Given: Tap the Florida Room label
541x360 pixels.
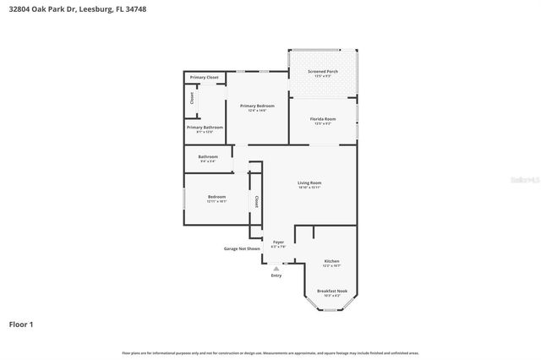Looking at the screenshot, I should (x=325, y=119).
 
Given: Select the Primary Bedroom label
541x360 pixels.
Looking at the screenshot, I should (x=258, y=106).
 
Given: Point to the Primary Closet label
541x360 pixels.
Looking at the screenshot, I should (x=205, y=78).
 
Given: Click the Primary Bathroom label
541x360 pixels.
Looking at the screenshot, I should (x=205, y=128).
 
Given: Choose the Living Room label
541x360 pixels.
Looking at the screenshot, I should (x=309, y=183).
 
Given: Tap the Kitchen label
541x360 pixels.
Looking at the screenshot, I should (x=331, y=261).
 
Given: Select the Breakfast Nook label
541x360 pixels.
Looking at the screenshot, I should (x=332, y=291).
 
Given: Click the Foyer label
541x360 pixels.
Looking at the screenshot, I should (x=278, y=242).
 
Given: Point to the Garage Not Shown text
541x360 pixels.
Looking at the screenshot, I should (x=241, y=249).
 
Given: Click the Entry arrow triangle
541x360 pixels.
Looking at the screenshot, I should (x=276, y=268).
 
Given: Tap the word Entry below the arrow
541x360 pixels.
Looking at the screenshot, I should (x=276, y=276).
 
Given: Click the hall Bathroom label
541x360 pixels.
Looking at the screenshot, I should (x=208, y=156).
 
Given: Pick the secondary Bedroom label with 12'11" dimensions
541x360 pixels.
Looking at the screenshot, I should (x=216, y=197).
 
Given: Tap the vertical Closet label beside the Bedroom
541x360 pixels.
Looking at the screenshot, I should (x=255, y=201).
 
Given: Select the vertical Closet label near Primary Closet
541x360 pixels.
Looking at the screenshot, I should (x=192, y=98).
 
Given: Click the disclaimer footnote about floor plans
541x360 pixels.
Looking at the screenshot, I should (x=270, y=352).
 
